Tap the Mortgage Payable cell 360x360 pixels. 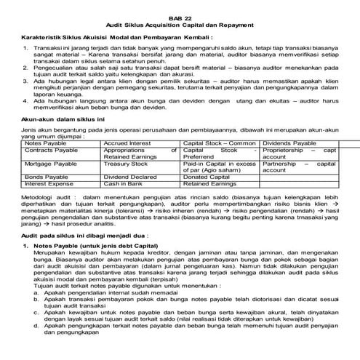coord(51,165)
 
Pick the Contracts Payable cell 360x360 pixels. coord(50,150)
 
